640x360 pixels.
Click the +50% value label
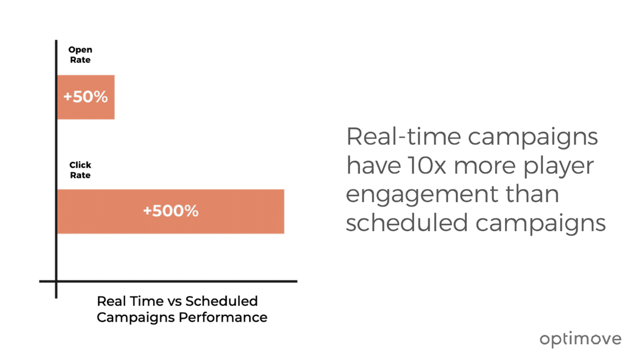coord(86,97)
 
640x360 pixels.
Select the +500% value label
coord(171,211)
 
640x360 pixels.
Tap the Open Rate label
coord(80,55)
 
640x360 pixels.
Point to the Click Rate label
coord(80,170)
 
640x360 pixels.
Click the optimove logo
coord(580,339)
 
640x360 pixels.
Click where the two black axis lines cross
coord(56,282)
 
